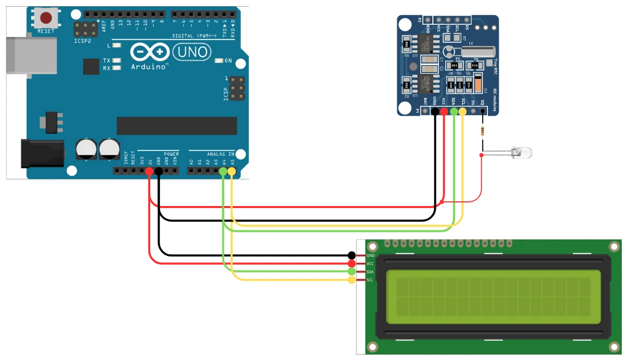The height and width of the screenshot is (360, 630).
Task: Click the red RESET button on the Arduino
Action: coord(46,19)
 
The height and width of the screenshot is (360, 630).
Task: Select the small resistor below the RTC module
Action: coord(482,131)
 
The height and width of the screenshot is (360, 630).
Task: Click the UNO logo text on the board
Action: coord(191,52)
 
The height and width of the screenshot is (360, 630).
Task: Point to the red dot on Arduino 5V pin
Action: coord(150,171)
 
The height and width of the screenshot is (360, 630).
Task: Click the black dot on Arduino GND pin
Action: coord(159,171)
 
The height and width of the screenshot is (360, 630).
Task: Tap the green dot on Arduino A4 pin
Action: coord(223,171)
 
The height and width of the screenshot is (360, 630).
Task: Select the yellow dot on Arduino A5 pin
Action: coord(231,171)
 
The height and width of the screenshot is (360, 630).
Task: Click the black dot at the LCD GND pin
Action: coord(352,255)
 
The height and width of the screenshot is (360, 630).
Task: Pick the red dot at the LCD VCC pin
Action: coord(352,263)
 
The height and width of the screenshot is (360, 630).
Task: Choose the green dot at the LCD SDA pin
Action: coord(352,271)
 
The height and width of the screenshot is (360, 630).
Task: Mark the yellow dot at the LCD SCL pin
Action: coord(352,280)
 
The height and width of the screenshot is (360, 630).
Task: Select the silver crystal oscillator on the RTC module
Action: coord(478,51)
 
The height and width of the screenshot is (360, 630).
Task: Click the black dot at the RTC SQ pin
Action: coord(482,111)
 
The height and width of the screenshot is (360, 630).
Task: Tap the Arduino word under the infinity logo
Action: coord(149,67)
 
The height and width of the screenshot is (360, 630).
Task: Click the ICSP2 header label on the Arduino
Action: coord(82,40)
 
